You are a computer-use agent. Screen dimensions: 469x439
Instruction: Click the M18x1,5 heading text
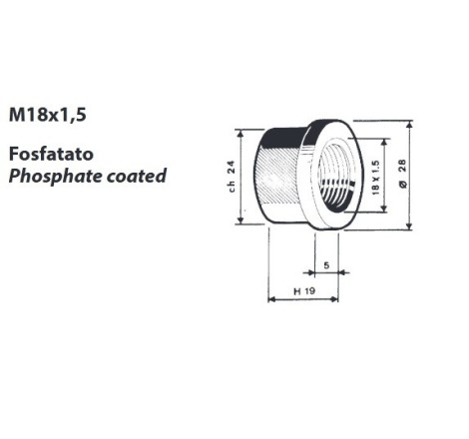(48, 115)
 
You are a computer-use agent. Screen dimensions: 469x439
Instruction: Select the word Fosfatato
(51, 154)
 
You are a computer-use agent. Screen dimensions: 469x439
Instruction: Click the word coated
(137, 176)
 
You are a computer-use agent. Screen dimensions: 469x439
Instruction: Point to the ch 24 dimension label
(232, 177)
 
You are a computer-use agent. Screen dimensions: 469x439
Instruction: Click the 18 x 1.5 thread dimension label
(375, 178)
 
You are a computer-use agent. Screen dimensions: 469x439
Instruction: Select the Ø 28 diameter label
(402, 174)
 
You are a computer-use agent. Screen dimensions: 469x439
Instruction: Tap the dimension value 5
(326, 265)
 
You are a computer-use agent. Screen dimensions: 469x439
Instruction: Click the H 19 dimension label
(304, 291)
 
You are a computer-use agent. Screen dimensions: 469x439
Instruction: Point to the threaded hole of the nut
(335, 176)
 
